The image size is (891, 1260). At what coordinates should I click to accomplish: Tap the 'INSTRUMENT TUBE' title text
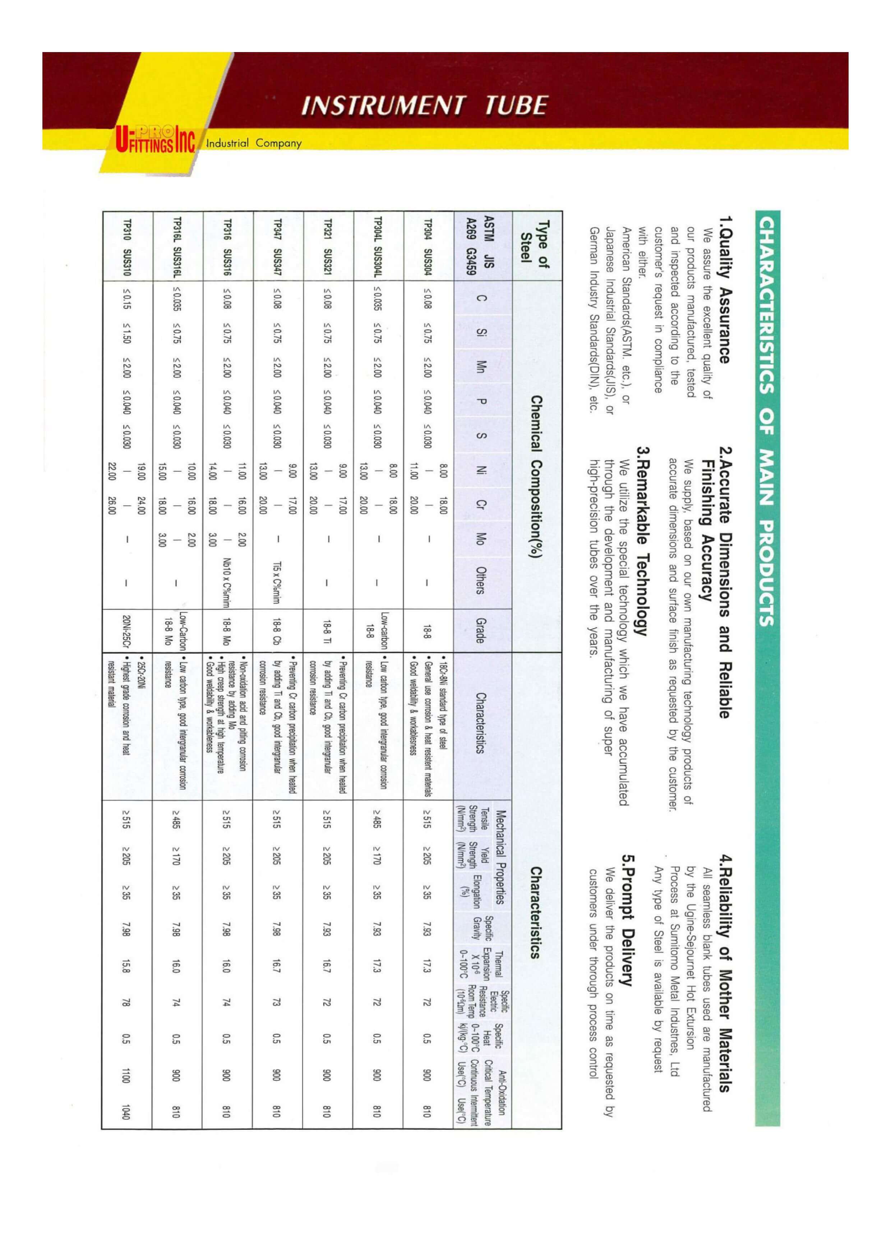point(424,105)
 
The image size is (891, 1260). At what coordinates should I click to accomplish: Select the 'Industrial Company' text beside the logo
point(254,144)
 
